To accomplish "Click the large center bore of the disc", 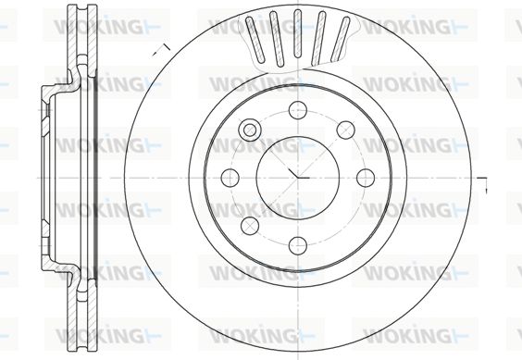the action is click(x=298, y=177).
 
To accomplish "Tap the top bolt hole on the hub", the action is click(x=298, y=109).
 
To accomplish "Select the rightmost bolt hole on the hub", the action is click(x=366, y=178).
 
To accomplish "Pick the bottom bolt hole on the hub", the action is click(x=298, y=245).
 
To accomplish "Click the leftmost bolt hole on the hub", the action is click(x=230, y=178).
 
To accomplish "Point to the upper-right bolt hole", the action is click(x=345, y=130).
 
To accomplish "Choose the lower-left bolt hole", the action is click(x=250, y=225).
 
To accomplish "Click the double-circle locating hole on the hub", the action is click(x=250, y=130).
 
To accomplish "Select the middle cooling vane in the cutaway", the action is click(x=298, y=33).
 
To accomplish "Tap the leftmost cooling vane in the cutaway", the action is click(x=255, y=39).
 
